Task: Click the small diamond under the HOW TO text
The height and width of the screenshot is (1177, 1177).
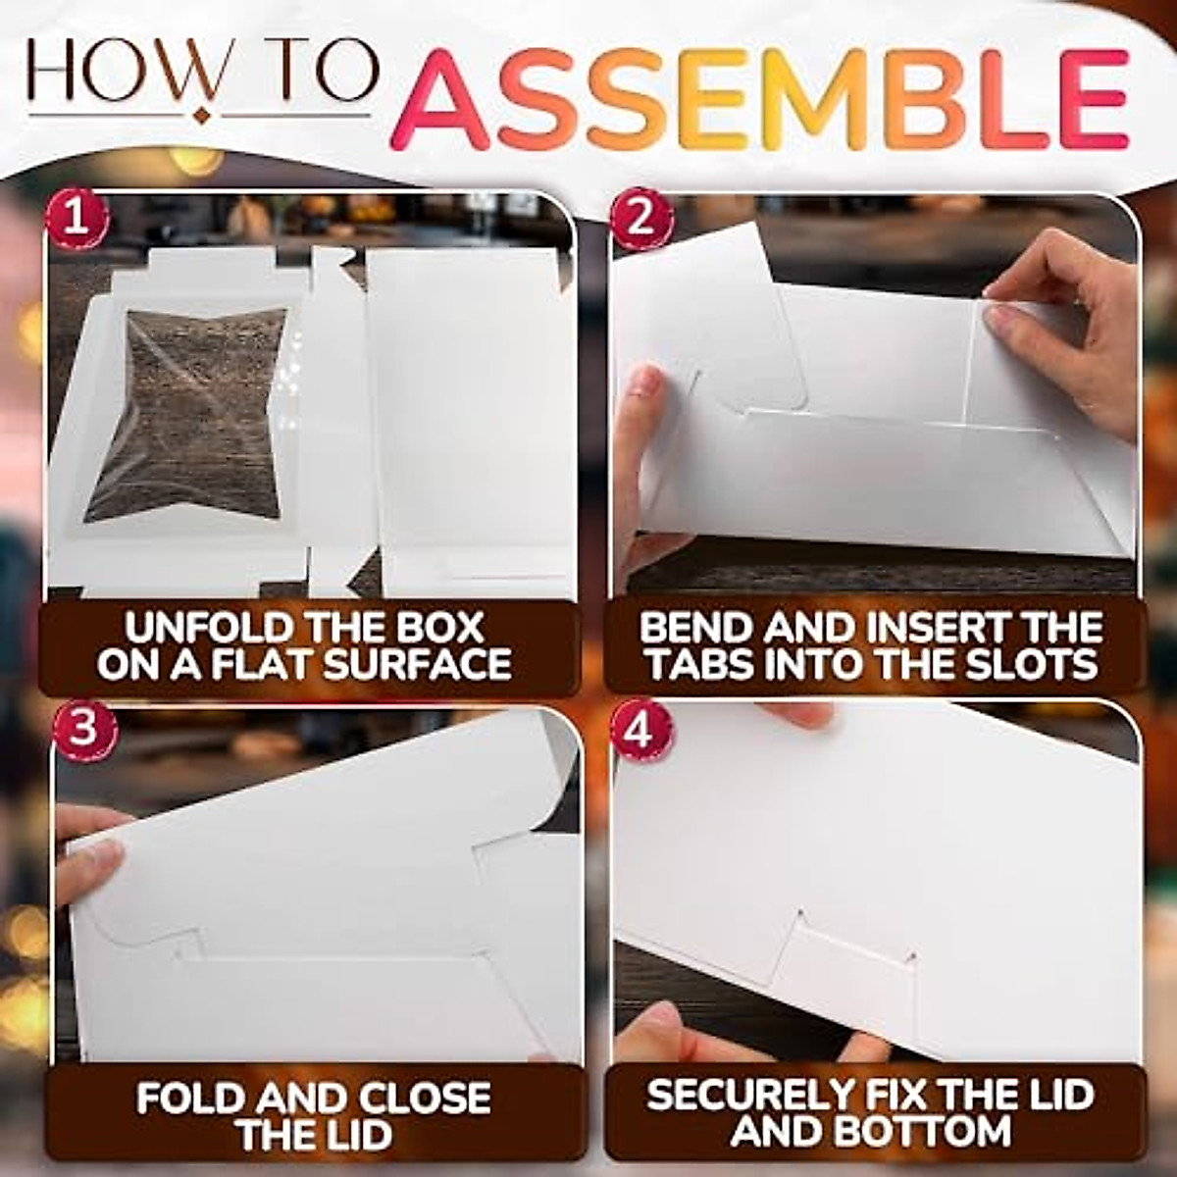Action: [x=203, y=115]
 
